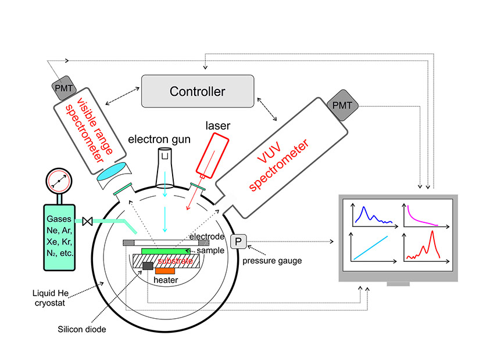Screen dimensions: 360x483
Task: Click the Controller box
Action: click(x=198, y=91)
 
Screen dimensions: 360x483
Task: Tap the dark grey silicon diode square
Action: click(x=148, y=266)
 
